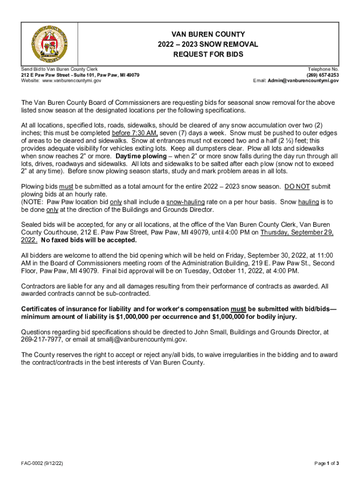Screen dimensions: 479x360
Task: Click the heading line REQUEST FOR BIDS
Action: coord(209,54)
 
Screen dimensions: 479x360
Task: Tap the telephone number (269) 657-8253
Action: coord(323,75)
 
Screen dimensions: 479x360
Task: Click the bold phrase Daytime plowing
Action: coord(141,156)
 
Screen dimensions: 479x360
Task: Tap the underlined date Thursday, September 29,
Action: coord(297,232)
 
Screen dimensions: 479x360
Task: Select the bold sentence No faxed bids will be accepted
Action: coord(89,240)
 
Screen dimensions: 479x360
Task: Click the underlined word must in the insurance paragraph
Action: coord(238,309)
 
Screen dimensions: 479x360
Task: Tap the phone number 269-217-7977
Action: coord(42,339)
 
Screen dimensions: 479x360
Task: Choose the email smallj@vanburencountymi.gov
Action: coord(140,339)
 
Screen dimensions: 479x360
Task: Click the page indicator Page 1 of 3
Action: coord(326,464)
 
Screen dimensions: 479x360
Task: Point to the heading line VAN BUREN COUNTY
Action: coord(209,34)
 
